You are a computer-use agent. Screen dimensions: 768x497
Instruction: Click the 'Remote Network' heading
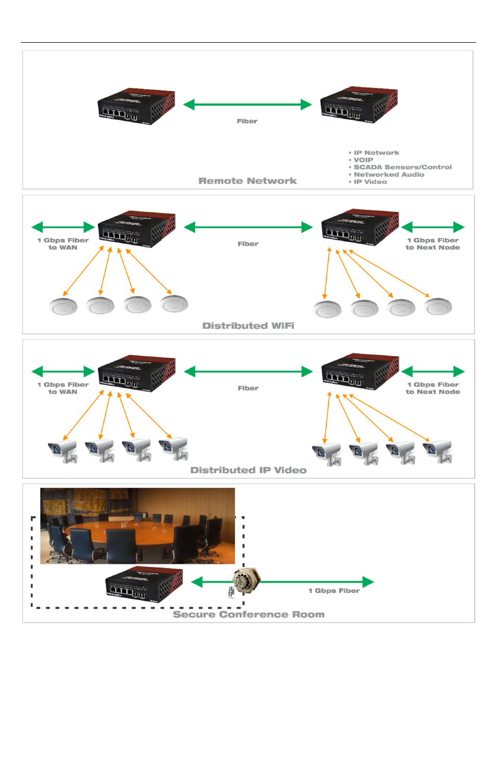point(247,181)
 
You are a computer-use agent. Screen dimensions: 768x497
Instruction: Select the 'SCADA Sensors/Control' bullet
point(402,167)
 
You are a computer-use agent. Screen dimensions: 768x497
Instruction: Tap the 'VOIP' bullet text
point(363,160)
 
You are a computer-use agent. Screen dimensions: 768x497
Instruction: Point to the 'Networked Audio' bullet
point(389,175)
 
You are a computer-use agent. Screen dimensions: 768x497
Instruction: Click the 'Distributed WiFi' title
point(248,326)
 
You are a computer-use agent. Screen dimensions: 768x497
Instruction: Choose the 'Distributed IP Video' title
point(248,470)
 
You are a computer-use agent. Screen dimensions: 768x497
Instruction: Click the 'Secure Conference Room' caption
point(249,614)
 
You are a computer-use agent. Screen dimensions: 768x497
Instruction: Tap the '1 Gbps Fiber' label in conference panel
point(334,590)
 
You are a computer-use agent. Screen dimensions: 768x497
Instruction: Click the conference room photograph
point(138,526)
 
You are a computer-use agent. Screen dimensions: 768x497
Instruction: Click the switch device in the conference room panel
point(144,585)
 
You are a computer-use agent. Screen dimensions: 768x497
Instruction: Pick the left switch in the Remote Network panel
point(136,106)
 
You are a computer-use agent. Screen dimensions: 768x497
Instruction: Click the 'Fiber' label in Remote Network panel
point(247,121)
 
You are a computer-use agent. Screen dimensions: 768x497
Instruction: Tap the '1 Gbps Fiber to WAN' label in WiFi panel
point(63,244)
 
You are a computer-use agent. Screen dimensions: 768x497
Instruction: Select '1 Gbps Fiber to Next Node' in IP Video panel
point(432,388)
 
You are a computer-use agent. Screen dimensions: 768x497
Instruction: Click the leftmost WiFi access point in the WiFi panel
point(63,306)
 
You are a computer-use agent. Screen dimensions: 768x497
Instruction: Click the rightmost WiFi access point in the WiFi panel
point(438,307)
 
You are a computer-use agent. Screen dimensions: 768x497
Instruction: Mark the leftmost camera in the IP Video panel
point(63,451)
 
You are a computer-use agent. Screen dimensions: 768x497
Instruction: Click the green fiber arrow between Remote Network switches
point(247,105)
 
